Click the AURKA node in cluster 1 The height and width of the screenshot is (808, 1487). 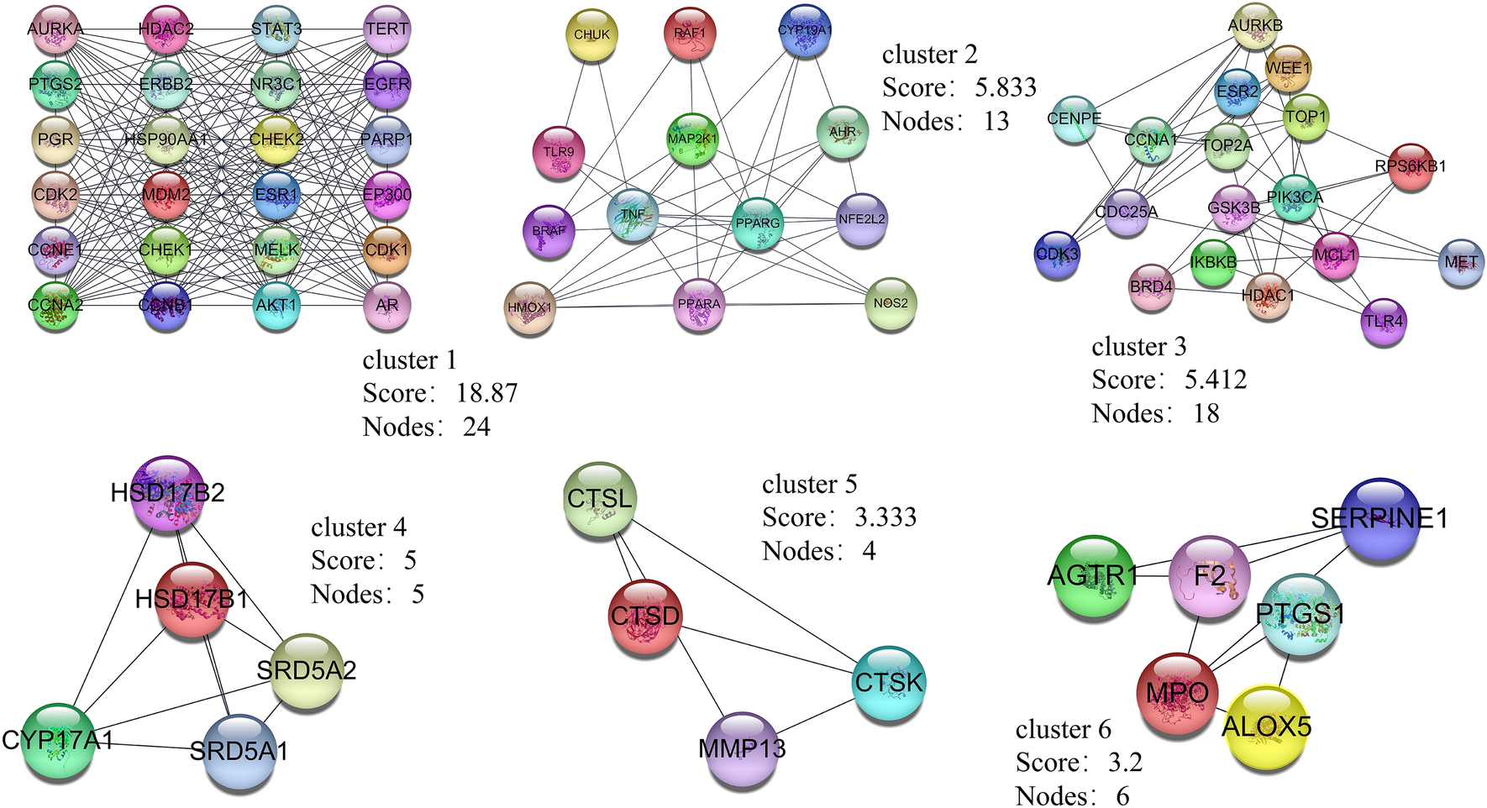[55, 29]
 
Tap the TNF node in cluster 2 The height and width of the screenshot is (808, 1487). [632, 215]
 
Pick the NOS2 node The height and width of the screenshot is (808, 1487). [891, 304]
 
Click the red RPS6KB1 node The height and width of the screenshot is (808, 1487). [1411, 167]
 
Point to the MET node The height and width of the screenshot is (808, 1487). [1462, 263]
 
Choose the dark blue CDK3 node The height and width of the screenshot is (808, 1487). [1057, 254]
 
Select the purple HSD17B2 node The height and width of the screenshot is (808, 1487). [168, 493]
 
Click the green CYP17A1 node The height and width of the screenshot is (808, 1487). [57, 741]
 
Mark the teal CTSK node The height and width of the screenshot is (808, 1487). [889, 683]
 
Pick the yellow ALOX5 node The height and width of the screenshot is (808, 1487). [1266, 727]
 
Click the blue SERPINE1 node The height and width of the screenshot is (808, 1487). [1379, 519]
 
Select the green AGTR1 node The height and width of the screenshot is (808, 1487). [1094, 576]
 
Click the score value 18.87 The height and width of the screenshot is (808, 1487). [486, 394]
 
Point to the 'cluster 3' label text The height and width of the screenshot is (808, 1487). [1138, 347]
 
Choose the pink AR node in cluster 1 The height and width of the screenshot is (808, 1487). [387, 306]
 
